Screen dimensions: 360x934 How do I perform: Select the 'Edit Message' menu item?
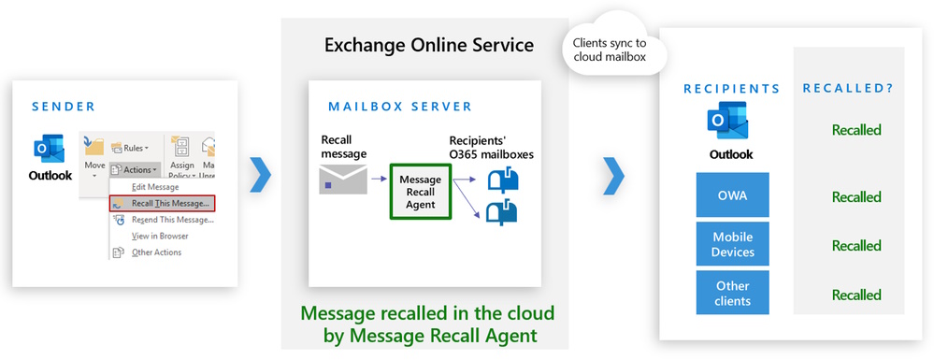155,187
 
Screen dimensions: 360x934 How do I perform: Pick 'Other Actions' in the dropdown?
156,252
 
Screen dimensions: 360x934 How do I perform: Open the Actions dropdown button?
134,169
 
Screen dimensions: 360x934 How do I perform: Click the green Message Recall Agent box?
420,191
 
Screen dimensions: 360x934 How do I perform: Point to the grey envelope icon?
338,179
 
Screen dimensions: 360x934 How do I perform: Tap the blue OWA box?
732,195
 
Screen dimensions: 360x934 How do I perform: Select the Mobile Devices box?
732,244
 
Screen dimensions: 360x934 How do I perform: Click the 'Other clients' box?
732,293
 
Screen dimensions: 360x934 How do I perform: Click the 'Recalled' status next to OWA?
856,197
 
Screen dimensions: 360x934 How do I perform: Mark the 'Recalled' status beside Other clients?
856,295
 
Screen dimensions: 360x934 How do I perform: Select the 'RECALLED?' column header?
849,88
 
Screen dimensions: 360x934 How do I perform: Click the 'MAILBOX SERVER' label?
400,107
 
